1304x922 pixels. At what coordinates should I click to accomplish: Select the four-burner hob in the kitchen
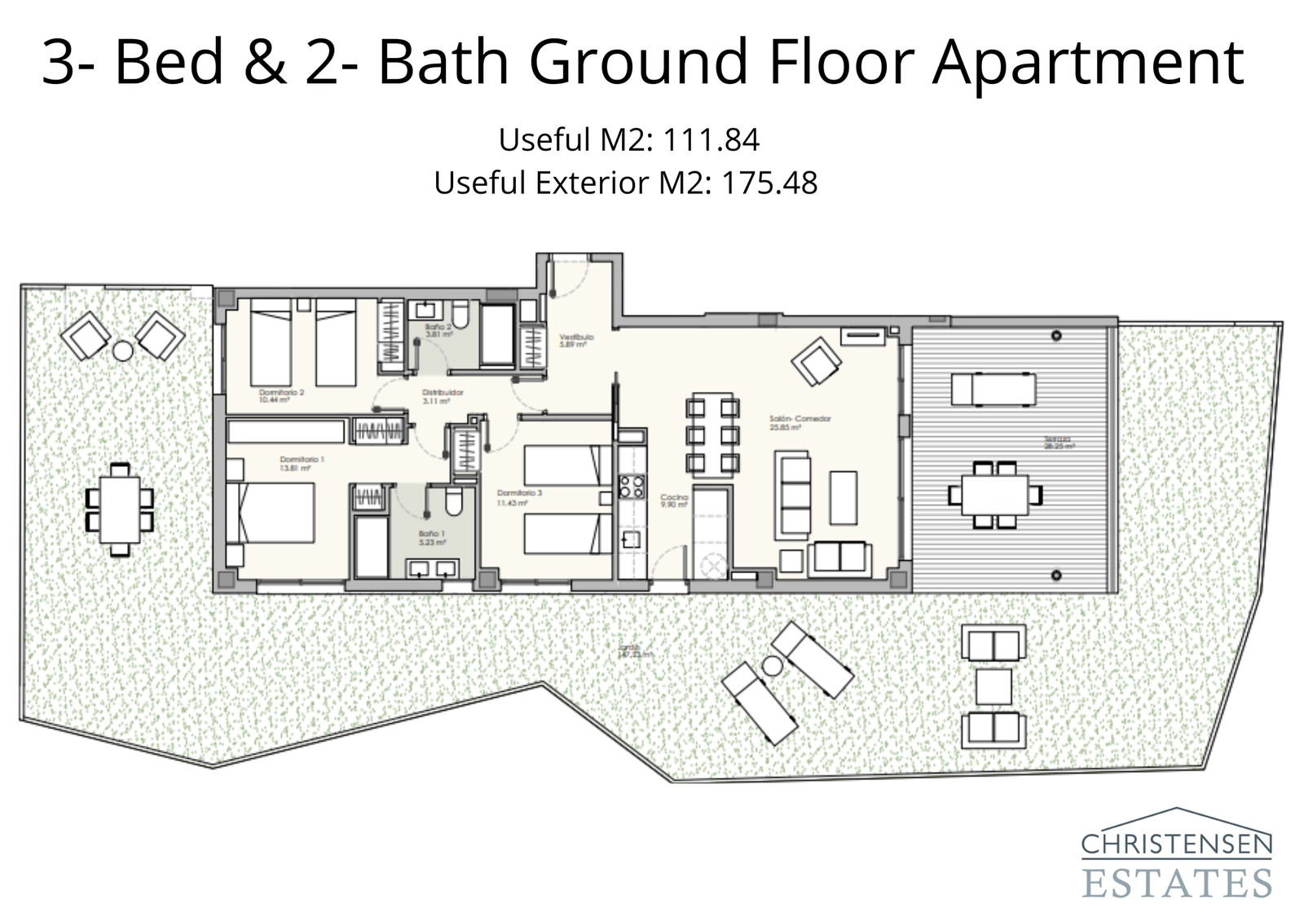coord(631,486)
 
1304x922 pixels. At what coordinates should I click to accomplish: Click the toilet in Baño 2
coord(460,315)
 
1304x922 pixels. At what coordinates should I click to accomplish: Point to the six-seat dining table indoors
coord(712,435)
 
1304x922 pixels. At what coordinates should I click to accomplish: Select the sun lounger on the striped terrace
coord(993,389)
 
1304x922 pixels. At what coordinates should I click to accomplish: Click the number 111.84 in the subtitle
coord(711,140)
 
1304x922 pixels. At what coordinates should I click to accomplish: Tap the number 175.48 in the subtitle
coord(769,183)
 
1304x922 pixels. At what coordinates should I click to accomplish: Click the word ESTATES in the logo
coord(1177,883)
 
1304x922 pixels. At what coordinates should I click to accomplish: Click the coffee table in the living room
coord(844,497)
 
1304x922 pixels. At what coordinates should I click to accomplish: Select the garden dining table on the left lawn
coord(120,510)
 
